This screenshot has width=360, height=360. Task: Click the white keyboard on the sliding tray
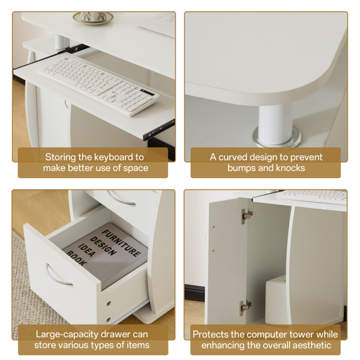(x=98, y=85)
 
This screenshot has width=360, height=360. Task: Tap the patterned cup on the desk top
(x=94, y=17)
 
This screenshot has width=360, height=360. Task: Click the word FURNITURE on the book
(x=121, y=243)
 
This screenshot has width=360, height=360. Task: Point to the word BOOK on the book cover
(x=77, y=259)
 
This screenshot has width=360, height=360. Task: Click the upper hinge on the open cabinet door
(x=247, y=216)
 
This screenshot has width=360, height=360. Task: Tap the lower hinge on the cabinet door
(x=245, y=307)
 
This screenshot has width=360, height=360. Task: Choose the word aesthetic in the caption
(x=312, y=346)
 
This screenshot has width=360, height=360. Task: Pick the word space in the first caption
(x=136, y=169)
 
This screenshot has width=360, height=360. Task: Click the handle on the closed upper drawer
(x=121, y=198)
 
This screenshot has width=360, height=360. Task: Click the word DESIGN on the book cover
(x=103, y=247)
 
